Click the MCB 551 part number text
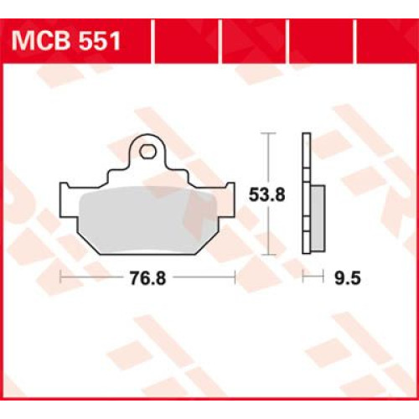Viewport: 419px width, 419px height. [x=66, y=41]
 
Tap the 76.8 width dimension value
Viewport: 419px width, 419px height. [x=147, y=278]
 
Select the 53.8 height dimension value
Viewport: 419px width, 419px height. [x=266, y=194]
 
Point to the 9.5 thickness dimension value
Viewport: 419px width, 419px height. [x=348, y=278]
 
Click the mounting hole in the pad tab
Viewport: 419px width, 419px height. [x=147, y=152]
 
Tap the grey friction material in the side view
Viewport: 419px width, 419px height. [x=318, y=218]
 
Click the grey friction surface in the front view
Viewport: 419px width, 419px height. [x=148, y=220]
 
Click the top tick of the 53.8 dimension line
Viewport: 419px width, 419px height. [x=268, y=133]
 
